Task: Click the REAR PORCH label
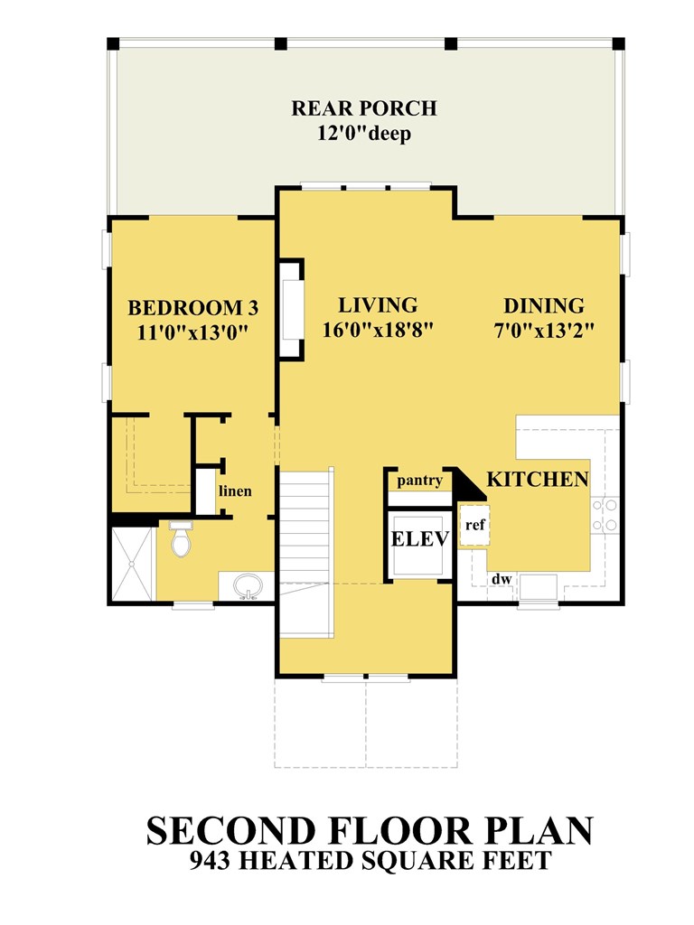point(364,108)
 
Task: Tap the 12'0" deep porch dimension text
point(364,134)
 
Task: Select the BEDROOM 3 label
point(193,307)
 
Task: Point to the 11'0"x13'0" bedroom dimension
point(192,332)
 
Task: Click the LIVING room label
point(378,305)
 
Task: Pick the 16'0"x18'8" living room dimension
point(378,330)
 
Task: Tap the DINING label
point(543,305)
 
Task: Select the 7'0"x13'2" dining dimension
point(543,331)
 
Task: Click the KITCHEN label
point(538,479)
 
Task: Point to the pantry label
point(419,481)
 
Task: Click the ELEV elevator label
point(420,538)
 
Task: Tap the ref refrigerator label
point(475,524)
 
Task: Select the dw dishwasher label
point(502,579)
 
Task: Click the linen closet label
point(236,491)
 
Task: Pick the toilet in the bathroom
point(181,538)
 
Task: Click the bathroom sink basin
point(248,586)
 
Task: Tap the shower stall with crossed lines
point(132,565)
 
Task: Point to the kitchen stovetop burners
point(605,514)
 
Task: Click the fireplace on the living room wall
point(292,309)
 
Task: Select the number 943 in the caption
point(210,860)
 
